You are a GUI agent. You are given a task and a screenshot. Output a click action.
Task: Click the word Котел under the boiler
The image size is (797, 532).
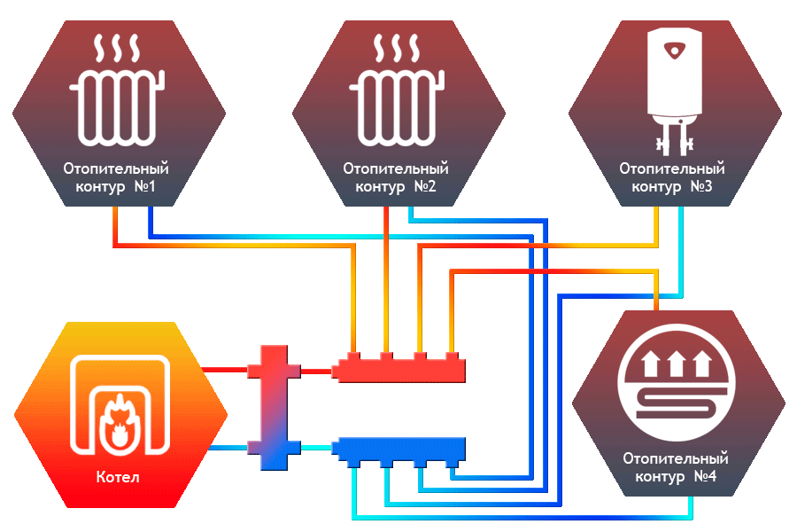click(118, 478)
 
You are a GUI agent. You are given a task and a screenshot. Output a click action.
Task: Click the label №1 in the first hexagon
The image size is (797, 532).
click(144, 187)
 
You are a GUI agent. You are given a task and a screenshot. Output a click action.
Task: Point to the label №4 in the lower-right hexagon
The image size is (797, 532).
click(704, 477)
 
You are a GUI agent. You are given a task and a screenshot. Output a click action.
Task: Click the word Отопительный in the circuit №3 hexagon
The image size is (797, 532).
click(672, 168)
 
